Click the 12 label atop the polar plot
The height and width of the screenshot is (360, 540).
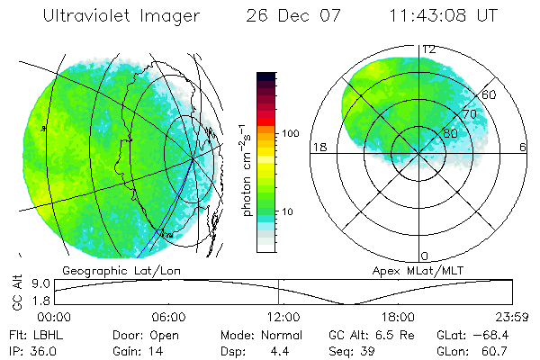tap(429, 49)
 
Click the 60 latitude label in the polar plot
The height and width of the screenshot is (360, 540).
tap(490, 94)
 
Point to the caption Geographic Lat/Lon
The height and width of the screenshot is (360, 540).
tap(107, 270)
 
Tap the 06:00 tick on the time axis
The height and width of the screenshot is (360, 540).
tap(168, 317)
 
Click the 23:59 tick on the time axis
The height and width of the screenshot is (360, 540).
tap(513, 317)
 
